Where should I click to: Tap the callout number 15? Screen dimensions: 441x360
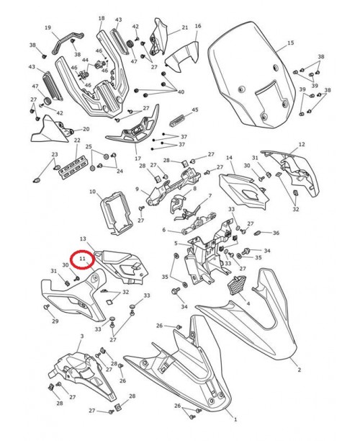(x=290, y=44)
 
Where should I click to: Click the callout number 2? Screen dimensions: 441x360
(x=300, y=370)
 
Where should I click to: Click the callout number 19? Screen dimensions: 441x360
(x=48, y=28)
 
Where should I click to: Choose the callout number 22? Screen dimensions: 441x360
(x=76, y=141)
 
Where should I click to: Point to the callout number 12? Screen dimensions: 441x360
(x=302, y=144)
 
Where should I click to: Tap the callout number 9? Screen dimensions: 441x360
(x=137, y=190)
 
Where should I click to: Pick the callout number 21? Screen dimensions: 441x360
(x=184, y=28)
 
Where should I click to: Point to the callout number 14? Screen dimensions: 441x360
(x=229, y=158)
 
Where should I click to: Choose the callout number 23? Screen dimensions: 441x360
(x=54, y=155)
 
